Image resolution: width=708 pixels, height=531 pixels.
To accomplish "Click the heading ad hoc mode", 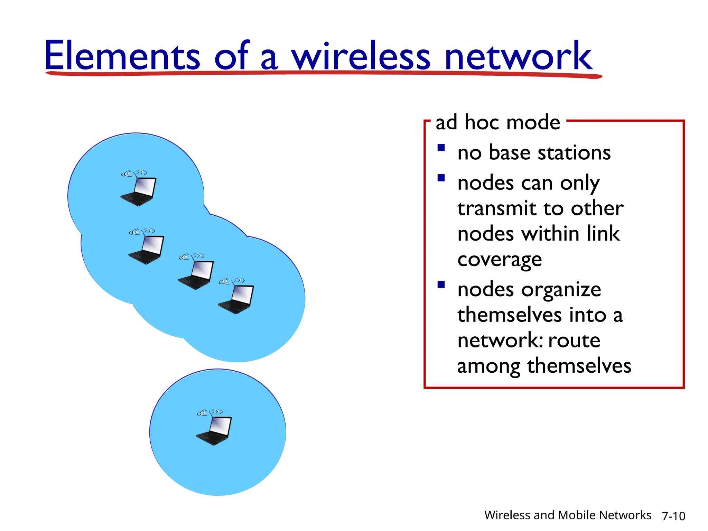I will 497,122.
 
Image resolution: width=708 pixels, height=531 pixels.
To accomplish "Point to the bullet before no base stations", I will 441,148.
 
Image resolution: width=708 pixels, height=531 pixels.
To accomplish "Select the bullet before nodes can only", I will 441,178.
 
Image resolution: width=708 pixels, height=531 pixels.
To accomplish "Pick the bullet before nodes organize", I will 441,285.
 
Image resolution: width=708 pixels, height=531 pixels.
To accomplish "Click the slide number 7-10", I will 673,516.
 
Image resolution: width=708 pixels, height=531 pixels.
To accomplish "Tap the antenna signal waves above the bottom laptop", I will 209,412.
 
